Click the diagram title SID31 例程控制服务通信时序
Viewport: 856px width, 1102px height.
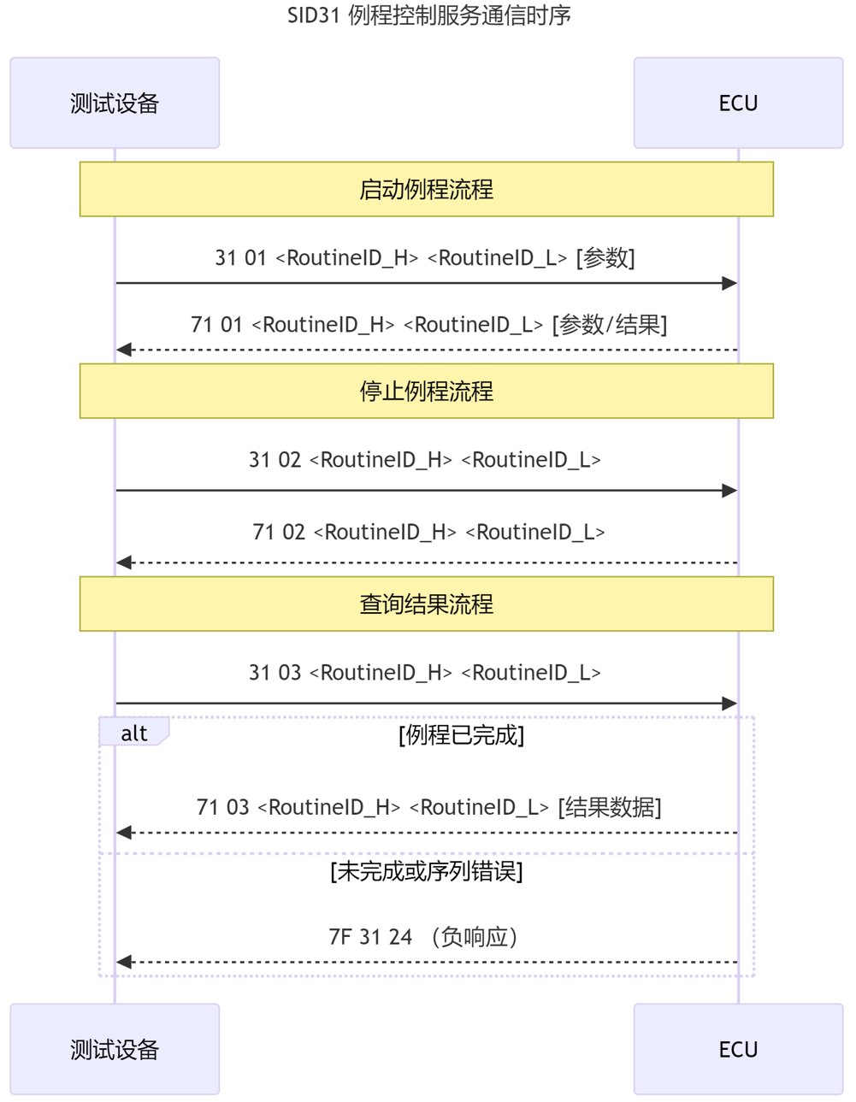point(428,15)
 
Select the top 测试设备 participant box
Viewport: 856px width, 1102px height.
point(115,103)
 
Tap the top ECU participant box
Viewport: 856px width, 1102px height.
point(738,103)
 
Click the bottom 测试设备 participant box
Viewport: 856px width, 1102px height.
point(115,1049)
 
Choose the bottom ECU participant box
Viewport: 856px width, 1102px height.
point(738,1049)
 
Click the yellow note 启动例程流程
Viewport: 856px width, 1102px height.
point(426,189)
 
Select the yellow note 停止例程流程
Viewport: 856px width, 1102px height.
point(426,391)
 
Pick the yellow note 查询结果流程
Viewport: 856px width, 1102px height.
point(426,604)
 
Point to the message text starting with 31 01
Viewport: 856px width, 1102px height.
point(425,257)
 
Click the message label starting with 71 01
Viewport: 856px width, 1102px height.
point(428,325)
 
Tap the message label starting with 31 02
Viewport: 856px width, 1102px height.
point(425,460)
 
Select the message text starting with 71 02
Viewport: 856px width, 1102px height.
point(428,532)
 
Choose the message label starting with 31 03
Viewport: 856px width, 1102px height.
point(425,673)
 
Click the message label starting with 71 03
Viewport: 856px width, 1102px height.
point(428,807)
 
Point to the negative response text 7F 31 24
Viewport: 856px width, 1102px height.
point(424,937)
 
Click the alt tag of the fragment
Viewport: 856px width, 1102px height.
point(133,733)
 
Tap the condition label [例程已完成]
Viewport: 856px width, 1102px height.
point(461,735)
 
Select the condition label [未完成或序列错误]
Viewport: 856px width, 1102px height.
point(426,871)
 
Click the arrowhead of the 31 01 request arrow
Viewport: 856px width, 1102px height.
point(729,283)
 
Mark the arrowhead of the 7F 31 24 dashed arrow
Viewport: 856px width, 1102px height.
point(125,963)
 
